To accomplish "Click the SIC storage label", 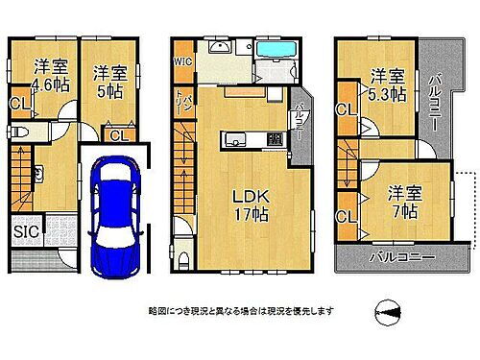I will (26, 232).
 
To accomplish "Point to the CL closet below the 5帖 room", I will (117, 135).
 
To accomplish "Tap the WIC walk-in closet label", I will (184, 60).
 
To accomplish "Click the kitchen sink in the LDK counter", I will (234, 140).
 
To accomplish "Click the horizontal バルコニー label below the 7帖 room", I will (401, 258).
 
